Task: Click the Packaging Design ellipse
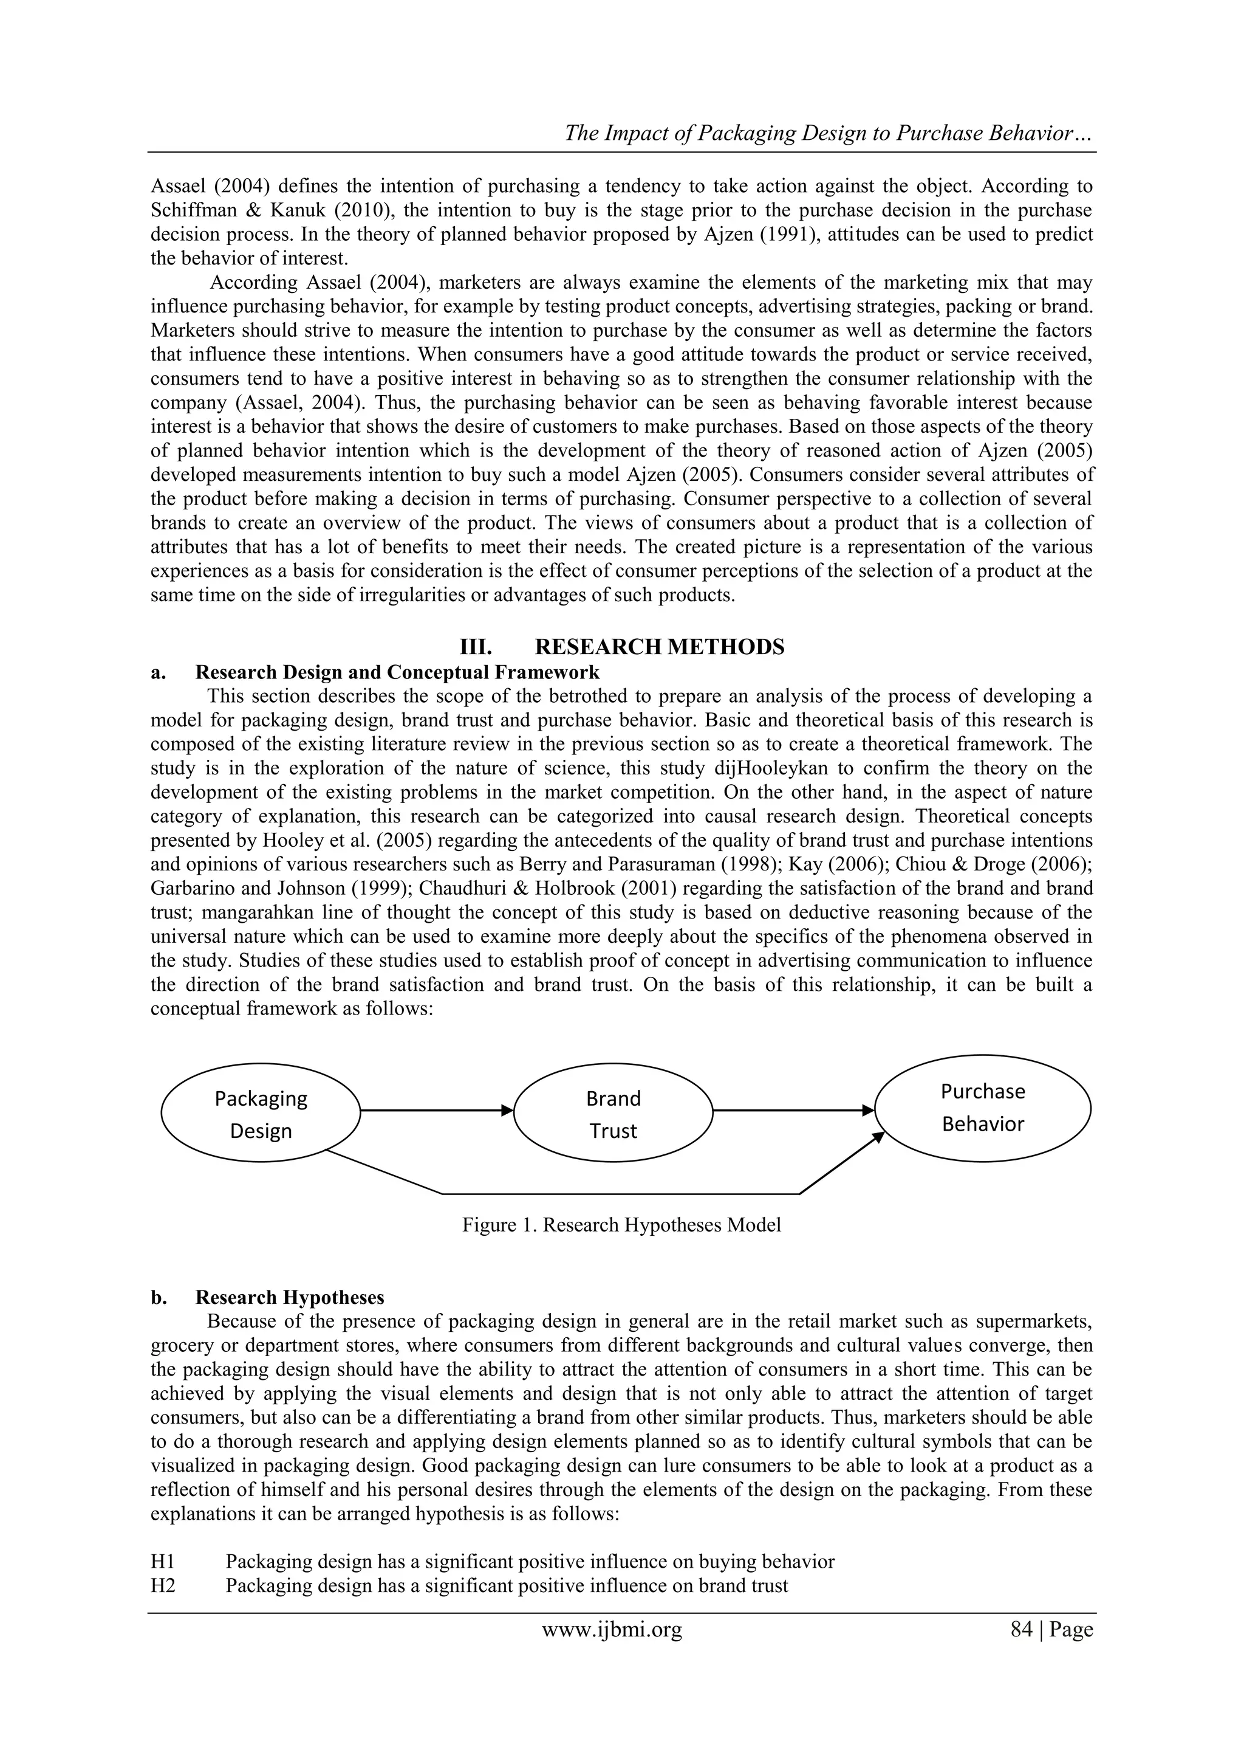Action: point(261,1114)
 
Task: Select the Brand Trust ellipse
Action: point(612,1114)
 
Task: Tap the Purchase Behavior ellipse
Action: point(983,1108)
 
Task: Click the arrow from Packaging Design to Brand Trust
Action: point(436,1110)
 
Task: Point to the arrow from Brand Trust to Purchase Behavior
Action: point(793,1110)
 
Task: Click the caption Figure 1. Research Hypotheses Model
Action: point(621,1225)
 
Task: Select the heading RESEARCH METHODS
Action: point(659,647)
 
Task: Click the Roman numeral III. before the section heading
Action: point(474,647)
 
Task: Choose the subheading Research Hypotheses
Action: point(290,1297)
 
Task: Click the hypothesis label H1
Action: point(163,1561)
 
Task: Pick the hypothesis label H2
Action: point(163,1585)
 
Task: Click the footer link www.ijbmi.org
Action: point(612,1629)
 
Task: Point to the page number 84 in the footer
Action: point(1022,1629)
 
